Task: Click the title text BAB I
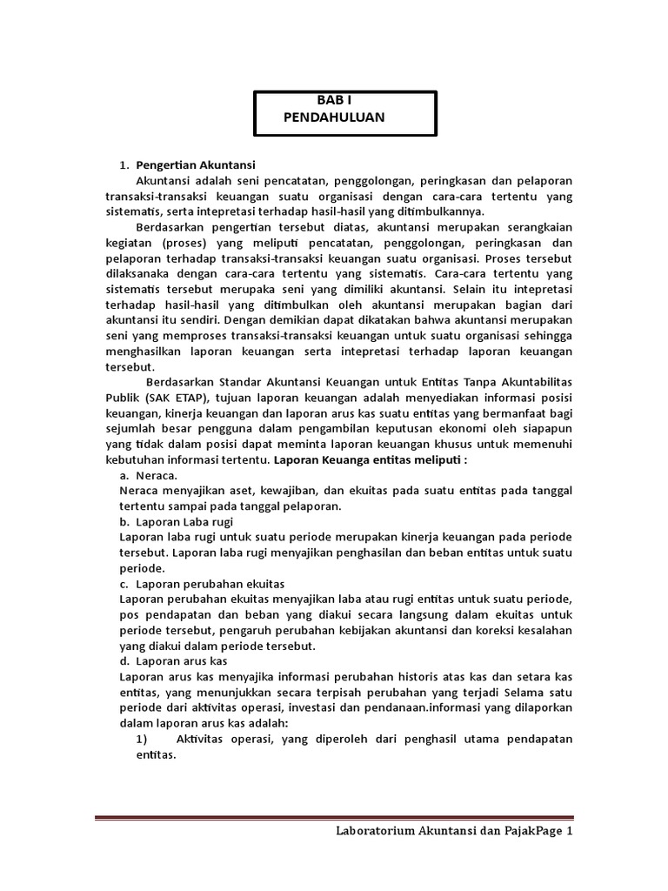coord(334,101)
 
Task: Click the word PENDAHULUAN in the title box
coord(333,117)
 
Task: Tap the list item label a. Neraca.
coord(148,475)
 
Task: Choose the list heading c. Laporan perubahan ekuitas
coord(202,583)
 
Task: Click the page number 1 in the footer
coord(570,832)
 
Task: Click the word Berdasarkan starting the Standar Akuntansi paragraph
coord(183,381)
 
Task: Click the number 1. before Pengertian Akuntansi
coord(124,165)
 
